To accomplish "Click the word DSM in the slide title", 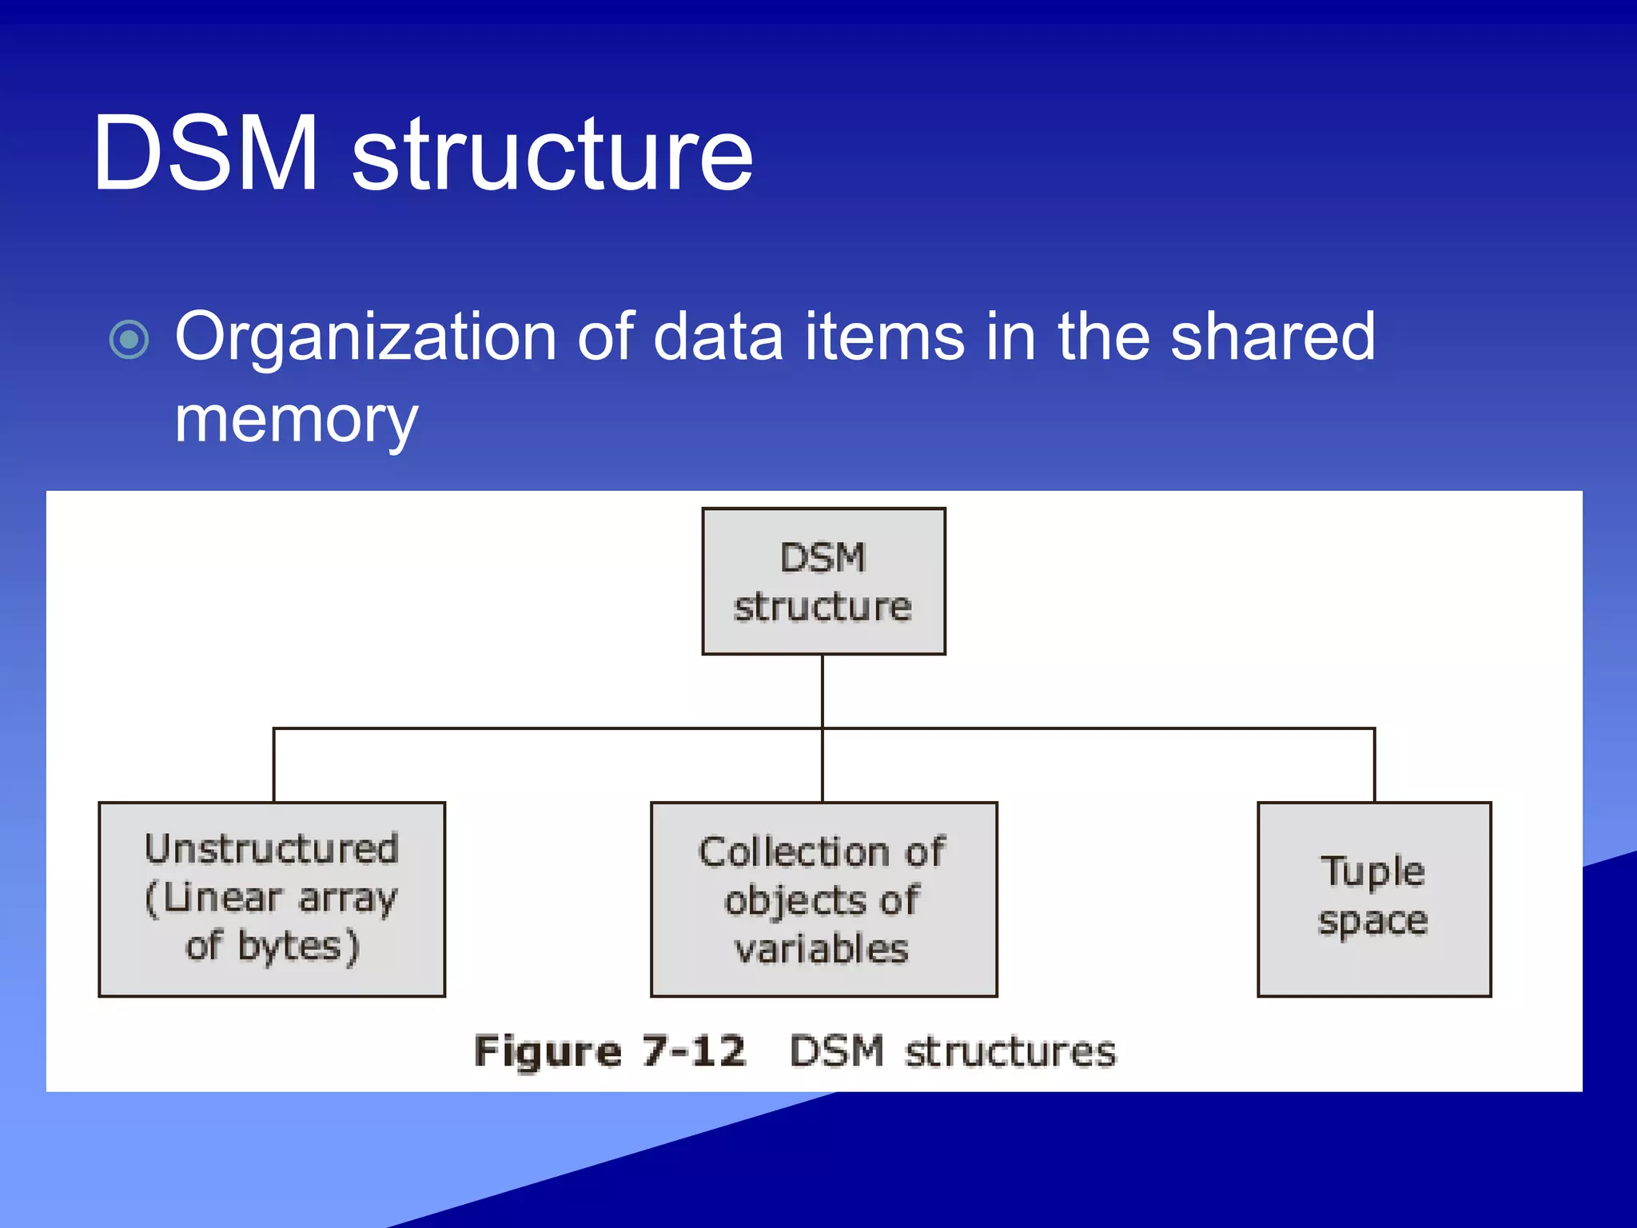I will pyautogui.click(x=205, y=153).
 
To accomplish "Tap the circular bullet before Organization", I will pyautogui.click(x=129, y=340).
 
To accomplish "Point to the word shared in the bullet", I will pyautogui.click(x=1273, y=337).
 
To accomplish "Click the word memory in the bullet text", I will pyautogui.click(x=296, y=420).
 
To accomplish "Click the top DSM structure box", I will pyautogui.click(x=823, y=581).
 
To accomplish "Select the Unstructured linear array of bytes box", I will pyautogui.click(x=272, y=899).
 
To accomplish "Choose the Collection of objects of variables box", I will pyautogui.click(x=823, y=899).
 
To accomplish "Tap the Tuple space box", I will pyautogui.click(x=1373, y=899).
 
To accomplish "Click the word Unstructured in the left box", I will pyautogui.click(x=272, y=849).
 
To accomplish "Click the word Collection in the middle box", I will pyautogui.click(x=794, y=852).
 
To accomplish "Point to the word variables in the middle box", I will pyautogui.click(x=822, y=950).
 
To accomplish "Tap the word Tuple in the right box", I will pyautogui.click(x=1372, y=871).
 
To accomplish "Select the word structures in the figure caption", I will pyautogui.click(x=1010, y=1051).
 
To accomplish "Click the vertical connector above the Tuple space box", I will pyautogui.click(x=1374, y=765).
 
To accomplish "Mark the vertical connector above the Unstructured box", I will pyautogui.click(x=274, y=765).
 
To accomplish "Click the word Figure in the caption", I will pyautogui.click(x=548, y=1051).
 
